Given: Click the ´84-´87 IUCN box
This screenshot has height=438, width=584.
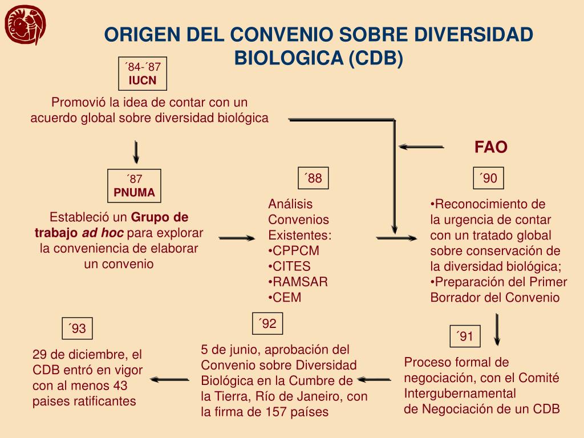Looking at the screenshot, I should click(143, 74).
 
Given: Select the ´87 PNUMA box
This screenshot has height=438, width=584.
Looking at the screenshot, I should click(135, 186).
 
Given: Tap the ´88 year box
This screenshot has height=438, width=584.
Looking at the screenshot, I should click(314, 179).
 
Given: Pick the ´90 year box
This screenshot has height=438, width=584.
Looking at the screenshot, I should click(489, 179).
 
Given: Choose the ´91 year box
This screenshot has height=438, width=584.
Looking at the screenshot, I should click(465, 336).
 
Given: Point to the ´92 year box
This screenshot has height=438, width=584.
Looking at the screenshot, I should click(267, 324).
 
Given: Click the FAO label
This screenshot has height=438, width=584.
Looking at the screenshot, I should click(491, 147).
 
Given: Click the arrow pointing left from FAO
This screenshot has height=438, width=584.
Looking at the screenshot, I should click(421, 147).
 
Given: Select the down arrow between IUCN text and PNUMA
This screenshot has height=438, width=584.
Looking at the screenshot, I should click(136, 151).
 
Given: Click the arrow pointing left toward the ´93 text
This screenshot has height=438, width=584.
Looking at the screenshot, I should click(170, 379).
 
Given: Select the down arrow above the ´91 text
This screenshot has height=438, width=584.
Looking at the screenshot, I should click(498, 329).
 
